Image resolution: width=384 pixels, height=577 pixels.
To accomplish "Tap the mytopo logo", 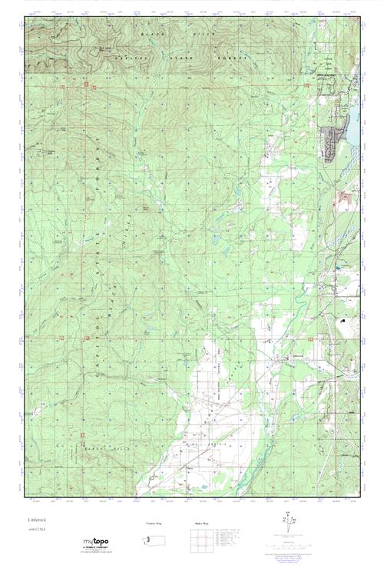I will coord(95,542).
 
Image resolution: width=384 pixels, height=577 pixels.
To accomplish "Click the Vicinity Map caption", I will coord(154,523).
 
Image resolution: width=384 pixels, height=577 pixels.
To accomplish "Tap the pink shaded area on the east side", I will coord(343,200).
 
